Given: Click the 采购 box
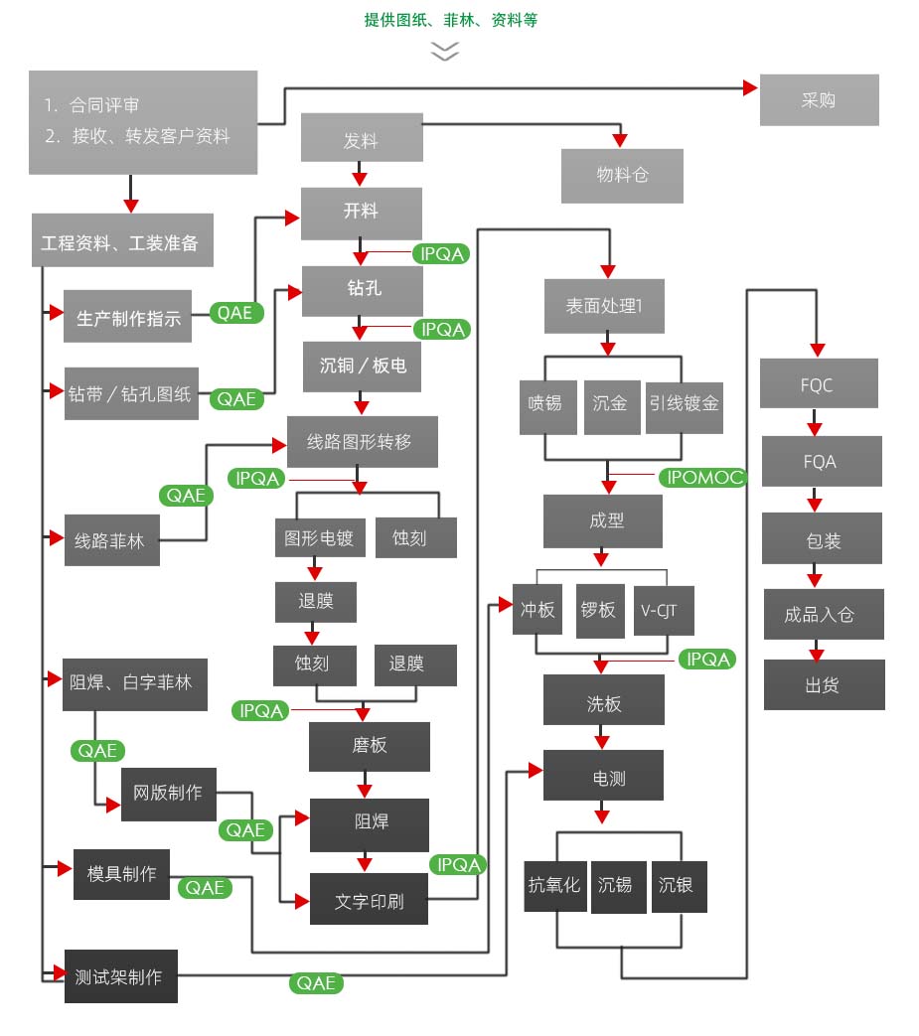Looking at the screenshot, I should click(x=819, y=100).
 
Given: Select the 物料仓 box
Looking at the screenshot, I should click(x=622, y=175).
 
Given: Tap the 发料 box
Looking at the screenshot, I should click(x=362, y=138).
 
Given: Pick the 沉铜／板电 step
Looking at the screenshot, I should click(x=363, y=366).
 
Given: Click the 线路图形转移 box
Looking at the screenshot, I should click(x=362, y=442).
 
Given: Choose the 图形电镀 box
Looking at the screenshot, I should click(x=319, y=537).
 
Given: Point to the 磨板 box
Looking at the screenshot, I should click(x=370, y=746).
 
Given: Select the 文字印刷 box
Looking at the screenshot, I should click(x=369, y=903).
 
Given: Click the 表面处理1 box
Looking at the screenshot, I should click(x=604, y=306).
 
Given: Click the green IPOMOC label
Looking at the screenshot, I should click(x=701, y=478).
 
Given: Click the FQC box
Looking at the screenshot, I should click(x=819, y=384).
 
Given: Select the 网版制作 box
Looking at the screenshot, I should click(x=168, y=794).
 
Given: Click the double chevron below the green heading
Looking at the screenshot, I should click(x=444, y=51).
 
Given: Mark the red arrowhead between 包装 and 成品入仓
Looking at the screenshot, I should click(x=815, y=578).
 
